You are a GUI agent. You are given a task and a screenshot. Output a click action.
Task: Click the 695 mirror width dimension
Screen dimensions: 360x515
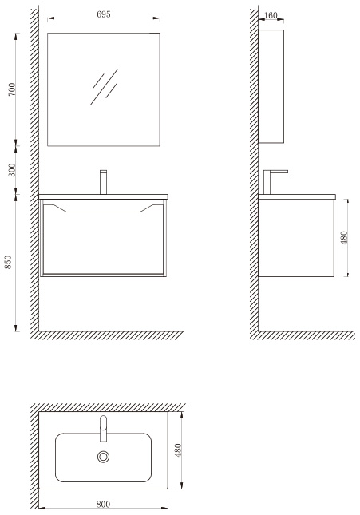tap(104, 14)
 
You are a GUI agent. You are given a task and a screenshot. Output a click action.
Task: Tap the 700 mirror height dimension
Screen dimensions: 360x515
tap(12, 89)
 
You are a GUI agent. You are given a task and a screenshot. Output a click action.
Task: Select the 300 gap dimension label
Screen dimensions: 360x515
tap(12, 170)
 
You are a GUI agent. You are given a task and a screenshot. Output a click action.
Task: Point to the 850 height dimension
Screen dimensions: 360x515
tap(8, 262)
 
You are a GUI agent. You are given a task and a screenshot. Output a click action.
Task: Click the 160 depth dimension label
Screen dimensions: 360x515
tap(271, 15)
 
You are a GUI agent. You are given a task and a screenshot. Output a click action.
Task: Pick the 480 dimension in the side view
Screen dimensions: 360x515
tap(344, 237)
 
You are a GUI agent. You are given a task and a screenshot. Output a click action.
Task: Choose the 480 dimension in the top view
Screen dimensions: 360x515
tap(178, 450)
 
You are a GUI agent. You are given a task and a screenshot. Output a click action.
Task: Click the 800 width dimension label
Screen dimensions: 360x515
tap(103, 504)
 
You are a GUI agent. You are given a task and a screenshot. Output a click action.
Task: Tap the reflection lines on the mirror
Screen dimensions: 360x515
tap(105, 86)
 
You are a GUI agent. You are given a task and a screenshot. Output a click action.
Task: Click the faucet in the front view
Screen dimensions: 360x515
tap(104, 182)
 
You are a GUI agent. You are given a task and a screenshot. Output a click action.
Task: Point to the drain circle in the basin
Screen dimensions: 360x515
tap(103, 457)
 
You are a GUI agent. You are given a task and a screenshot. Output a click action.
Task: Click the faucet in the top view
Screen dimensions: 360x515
tap(103, 428)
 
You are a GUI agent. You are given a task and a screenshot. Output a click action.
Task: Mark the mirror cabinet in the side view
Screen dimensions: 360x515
tap(271, 86)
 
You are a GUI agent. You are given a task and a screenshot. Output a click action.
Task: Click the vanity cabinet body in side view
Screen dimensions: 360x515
tap(296, 238)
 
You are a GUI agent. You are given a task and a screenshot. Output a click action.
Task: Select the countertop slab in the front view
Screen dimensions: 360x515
tap(103, 196)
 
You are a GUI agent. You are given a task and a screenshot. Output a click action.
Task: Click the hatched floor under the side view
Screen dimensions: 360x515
tap(303, 335)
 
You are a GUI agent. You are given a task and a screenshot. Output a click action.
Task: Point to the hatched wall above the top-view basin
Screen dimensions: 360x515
tap(109, 407)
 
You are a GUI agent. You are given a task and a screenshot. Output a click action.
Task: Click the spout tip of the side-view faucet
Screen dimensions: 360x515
tap(287, 172)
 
